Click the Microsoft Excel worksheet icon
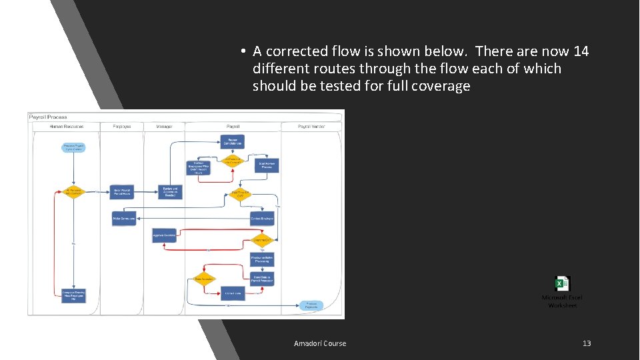pos(562,284)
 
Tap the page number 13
pos(587,343)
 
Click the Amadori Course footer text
pos(320,343)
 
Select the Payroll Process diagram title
pos(48,117)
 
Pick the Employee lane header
pos(122,126)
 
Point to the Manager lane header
pos(165,126)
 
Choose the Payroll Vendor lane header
pos(311,126)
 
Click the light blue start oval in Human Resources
pos(73,147)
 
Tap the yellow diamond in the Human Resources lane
pos(73,192)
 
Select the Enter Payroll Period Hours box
pos(122,192)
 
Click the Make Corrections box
pos(124,218)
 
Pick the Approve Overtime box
pos(164,235)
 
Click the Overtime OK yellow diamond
pos(262,240)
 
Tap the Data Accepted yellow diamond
pos(204,279)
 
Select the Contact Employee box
pos(262,218)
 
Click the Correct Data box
pos(233,293)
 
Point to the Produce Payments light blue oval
pos(311,305)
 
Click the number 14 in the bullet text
pos(581,51)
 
